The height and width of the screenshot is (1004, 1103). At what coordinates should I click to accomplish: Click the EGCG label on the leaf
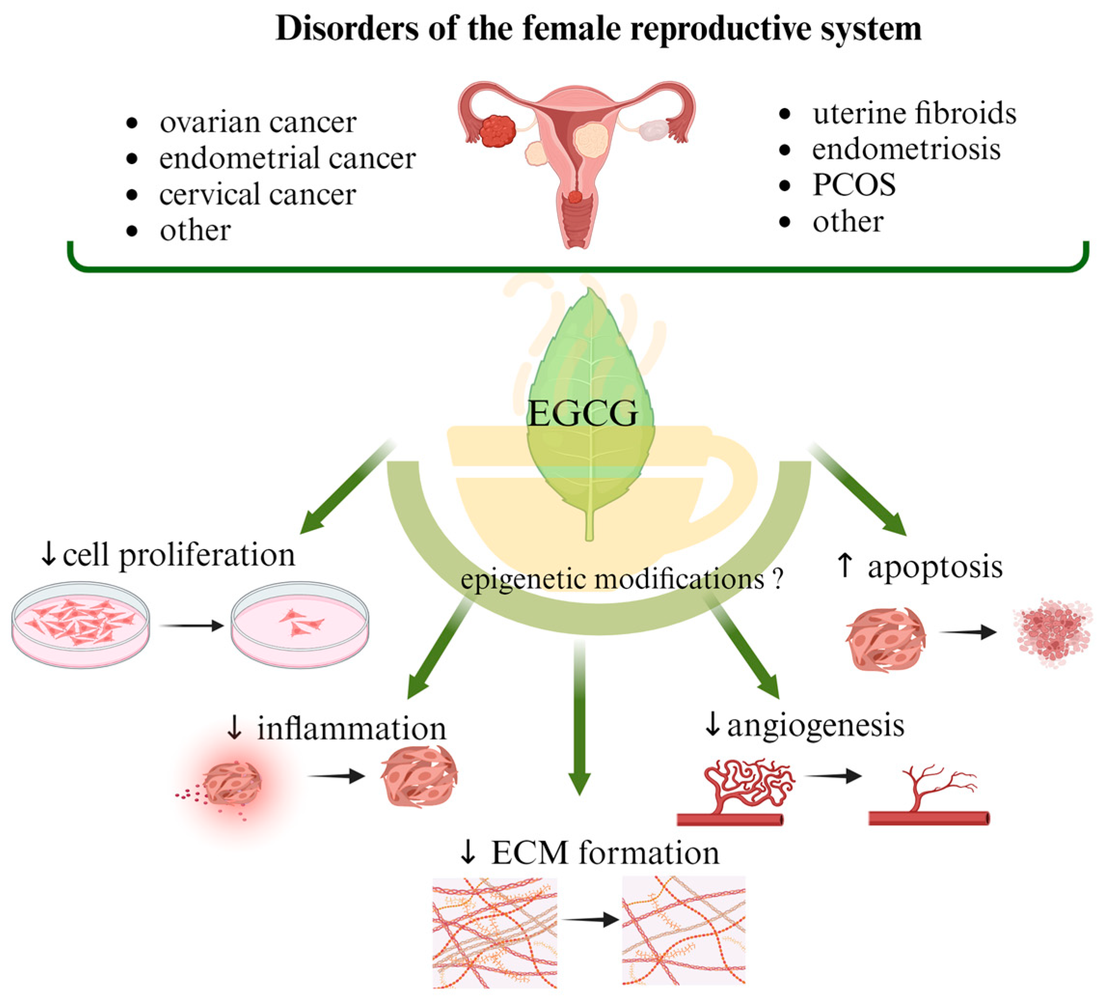click(583, 413)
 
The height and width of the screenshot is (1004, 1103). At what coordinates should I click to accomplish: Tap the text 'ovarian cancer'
click(258, 122)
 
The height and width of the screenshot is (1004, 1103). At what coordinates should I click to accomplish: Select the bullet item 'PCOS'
click(854, 185)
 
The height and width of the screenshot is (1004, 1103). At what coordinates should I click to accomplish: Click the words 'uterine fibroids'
click(914, 113)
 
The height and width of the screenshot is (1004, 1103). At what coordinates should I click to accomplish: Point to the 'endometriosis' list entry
click(906, 149)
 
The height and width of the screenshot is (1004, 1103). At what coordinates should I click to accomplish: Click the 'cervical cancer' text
click(257, 194)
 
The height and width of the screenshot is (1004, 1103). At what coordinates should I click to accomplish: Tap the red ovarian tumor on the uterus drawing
click(498, 130)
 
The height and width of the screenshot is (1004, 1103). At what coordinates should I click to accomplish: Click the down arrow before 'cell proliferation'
click(48, 555)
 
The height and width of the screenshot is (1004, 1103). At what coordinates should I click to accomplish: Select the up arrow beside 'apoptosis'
click(845, 566)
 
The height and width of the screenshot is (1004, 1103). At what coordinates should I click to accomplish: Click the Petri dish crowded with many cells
click(81, 624)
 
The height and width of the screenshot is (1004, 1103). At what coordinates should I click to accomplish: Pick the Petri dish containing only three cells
click(300, 624)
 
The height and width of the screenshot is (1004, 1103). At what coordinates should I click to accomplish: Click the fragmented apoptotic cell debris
click(1051, 632)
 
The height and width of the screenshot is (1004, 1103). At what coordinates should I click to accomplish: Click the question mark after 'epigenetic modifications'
click(779, 580)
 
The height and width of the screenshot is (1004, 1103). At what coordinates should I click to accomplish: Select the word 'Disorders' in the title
click(348, 28)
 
